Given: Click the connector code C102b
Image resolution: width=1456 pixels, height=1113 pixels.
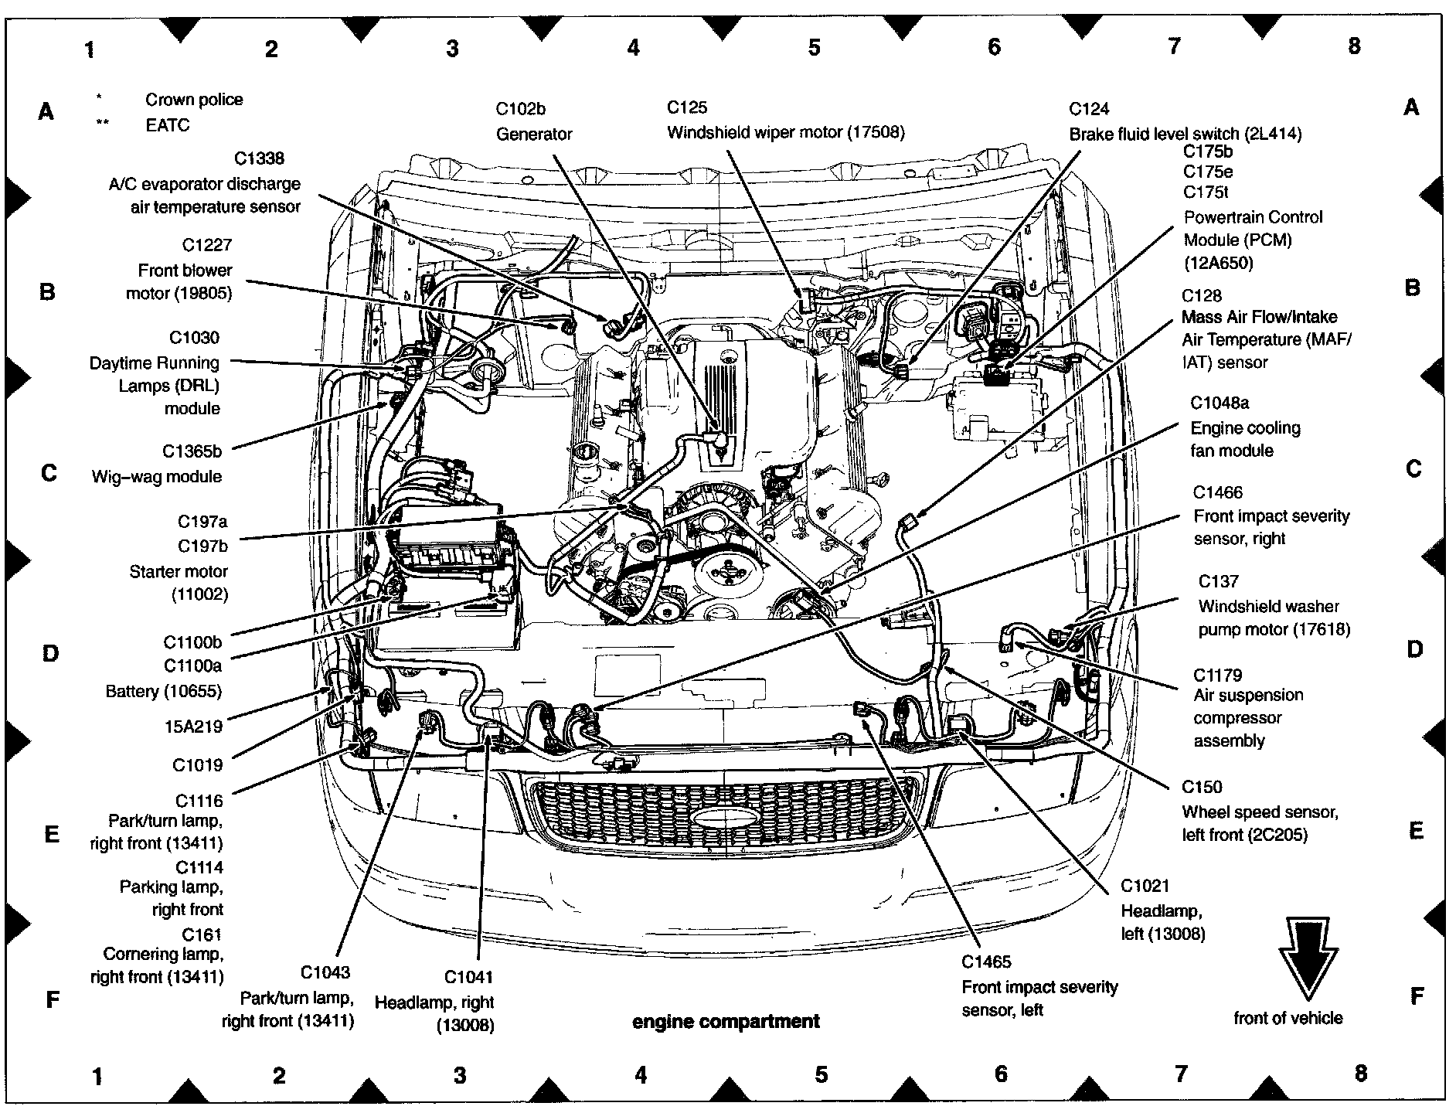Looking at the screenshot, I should click(520, 109).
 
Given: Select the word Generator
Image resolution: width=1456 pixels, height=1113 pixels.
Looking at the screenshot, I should click(533, 134).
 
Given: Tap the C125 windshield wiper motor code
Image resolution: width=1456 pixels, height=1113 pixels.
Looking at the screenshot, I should click(687, 107).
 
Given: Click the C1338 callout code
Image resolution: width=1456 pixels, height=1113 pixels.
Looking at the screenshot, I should click(259, 158).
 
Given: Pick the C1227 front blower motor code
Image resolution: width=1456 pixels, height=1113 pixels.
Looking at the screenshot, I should click(206, 245).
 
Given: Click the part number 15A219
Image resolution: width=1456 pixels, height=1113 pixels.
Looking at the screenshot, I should click(193, 726).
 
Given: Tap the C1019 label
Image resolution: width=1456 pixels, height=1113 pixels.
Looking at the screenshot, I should click(197, 765).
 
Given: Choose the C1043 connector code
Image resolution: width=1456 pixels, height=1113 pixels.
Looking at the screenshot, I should click(325, 972).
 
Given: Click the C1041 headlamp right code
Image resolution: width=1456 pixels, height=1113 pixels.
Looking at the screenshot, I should click(468, 978).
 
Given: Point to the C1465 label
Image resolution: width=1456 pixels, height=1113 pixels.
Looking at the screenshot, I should click(986, 962).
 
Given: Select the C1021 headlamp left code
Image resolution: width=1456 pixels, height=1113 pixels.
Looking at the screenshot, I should click(1145, 886).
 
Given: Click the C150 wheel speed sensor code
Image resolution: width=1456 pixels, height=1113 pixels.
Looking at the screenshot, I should click(1202, 788).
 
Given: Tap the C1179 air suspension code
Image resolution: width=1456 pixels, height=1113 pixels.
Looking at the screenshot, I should click(1217, 675).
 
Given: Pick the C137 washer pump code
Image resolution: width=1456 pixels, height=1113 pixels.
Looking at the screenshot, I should click(1218, 581).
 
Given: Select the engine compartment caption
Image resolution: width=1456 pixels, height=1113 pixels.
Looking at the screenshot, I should click(726, 1022).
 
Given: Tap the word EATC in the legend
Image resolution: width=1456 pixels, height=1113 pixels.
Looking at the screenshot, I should click(167, 125).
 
